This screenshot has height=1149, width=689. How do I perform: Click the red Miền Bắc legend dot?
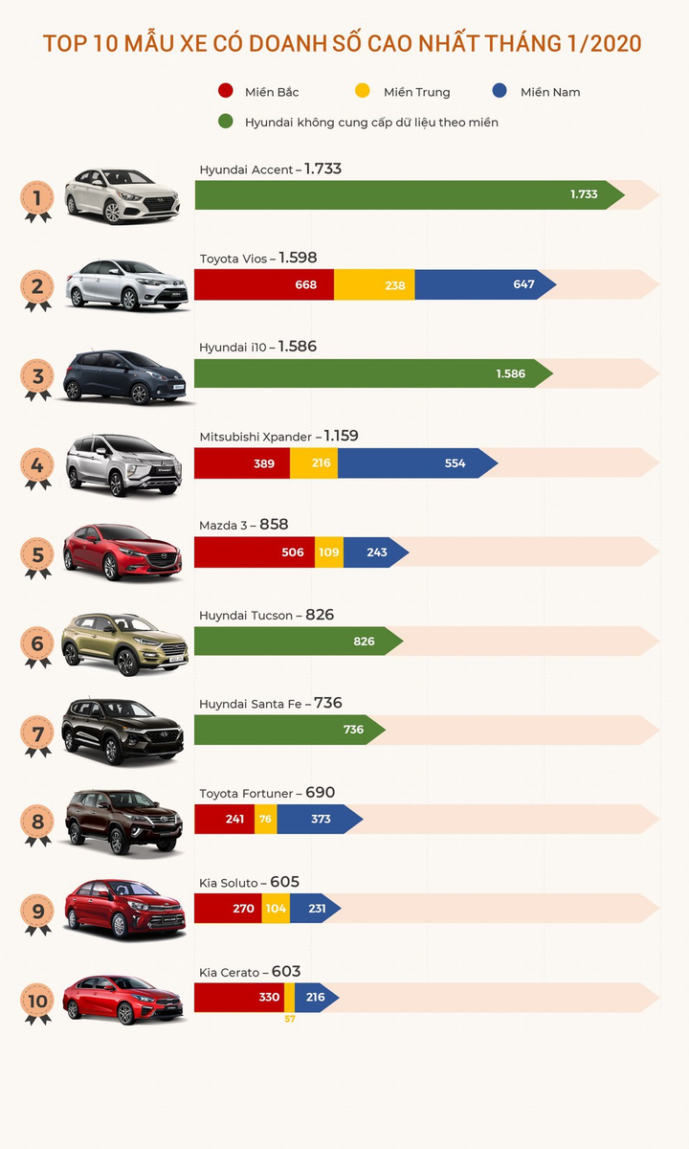(x=227, y=92)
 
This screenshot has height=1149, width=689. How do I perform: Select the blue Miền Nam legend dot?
(x=499, y=92)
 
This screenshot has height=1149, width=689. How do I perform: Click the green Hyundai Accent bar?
(x=402, y=194)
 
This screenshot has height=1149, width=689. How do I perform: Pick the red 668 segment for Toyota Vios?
(x=264, y=284)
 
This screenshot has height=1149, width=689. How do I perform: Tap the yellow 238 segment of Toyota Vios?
(x=374, y=284)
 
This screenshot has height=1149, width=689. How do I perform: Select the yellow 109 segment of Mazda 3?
(x=329, y=552)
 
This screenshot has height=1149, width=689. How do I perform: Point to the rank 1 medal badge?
(x=38, y=200)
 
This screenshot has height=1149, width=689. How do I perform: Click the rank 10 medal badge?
(x=38, y=1003)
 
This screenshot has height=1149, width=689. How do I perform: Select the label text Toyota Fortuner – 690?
(x=267, y=793)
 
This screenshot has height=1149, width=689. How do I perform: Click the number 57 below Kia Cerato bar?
(x=290, y=1019)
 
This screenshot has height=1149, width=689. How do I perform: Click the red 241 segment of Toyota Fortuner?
(x=225, y=819)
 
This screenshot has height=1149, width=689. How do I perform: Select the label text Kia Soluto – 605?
(x=250, y=882)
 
